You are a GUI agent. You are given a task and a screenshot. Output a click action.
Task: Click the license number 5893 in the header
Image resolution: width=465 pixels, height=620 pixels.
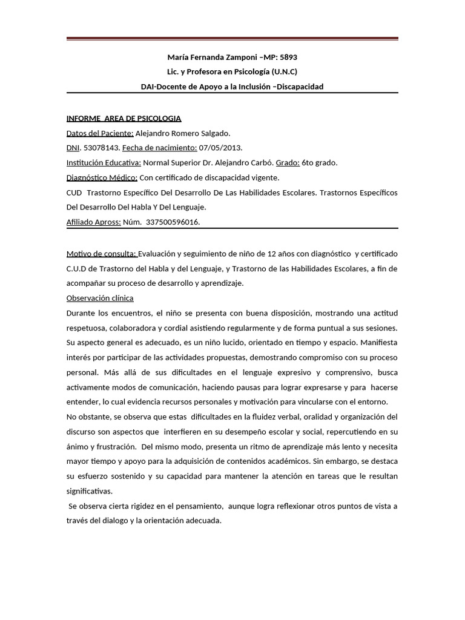click(x=288, y=58)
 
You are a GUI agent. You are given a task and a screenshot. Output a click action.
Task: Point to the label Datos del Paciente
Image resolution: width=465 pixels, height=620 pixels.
click(x=99, y=133)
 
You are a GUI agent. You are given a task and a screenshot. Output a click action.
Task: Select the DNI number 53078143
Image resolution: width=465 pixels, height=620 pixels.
click(x=101, y=148)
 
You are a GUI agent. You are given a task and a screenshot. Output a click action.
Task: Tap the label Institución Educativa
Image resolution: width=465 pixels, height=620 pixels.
click(x=104, y=163)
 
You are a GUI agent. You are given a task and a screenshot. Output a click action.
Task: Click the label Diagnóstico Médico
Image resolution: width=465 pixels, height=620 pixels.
click(x=102, y=177)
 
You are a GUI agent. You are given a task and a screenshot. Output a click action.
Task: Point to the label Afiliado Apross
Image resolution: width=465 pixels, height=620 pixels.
click(x=93, y=222)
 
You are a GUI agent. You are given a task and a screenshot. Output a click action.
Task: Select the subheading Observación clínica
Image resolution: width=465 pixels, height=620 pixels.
click(x=100, y=298)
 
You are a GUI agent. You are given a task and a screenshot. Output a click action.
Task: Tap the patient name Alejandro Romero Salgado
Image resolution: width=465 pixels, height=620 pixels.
click(x=183, y=133)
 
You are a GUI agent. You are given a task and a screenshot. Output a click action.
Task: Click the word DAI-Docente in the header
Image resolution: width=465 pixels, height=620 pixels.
click(x=162, y=87)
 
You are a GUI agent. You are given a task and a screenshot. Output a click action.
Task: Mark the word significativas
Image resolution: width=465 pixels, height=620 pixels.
click(x=90, y=491)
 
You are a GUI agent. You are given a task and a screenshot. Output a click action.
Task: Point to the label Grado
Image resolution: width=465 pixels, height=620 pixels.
click(x=288, y=163)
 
